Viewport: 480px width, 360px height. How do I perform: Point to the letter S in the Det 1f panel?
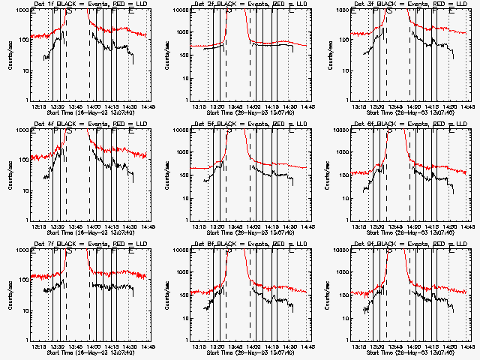70,12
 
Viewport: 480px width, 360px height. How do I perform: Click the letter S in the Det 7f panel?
70,252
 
